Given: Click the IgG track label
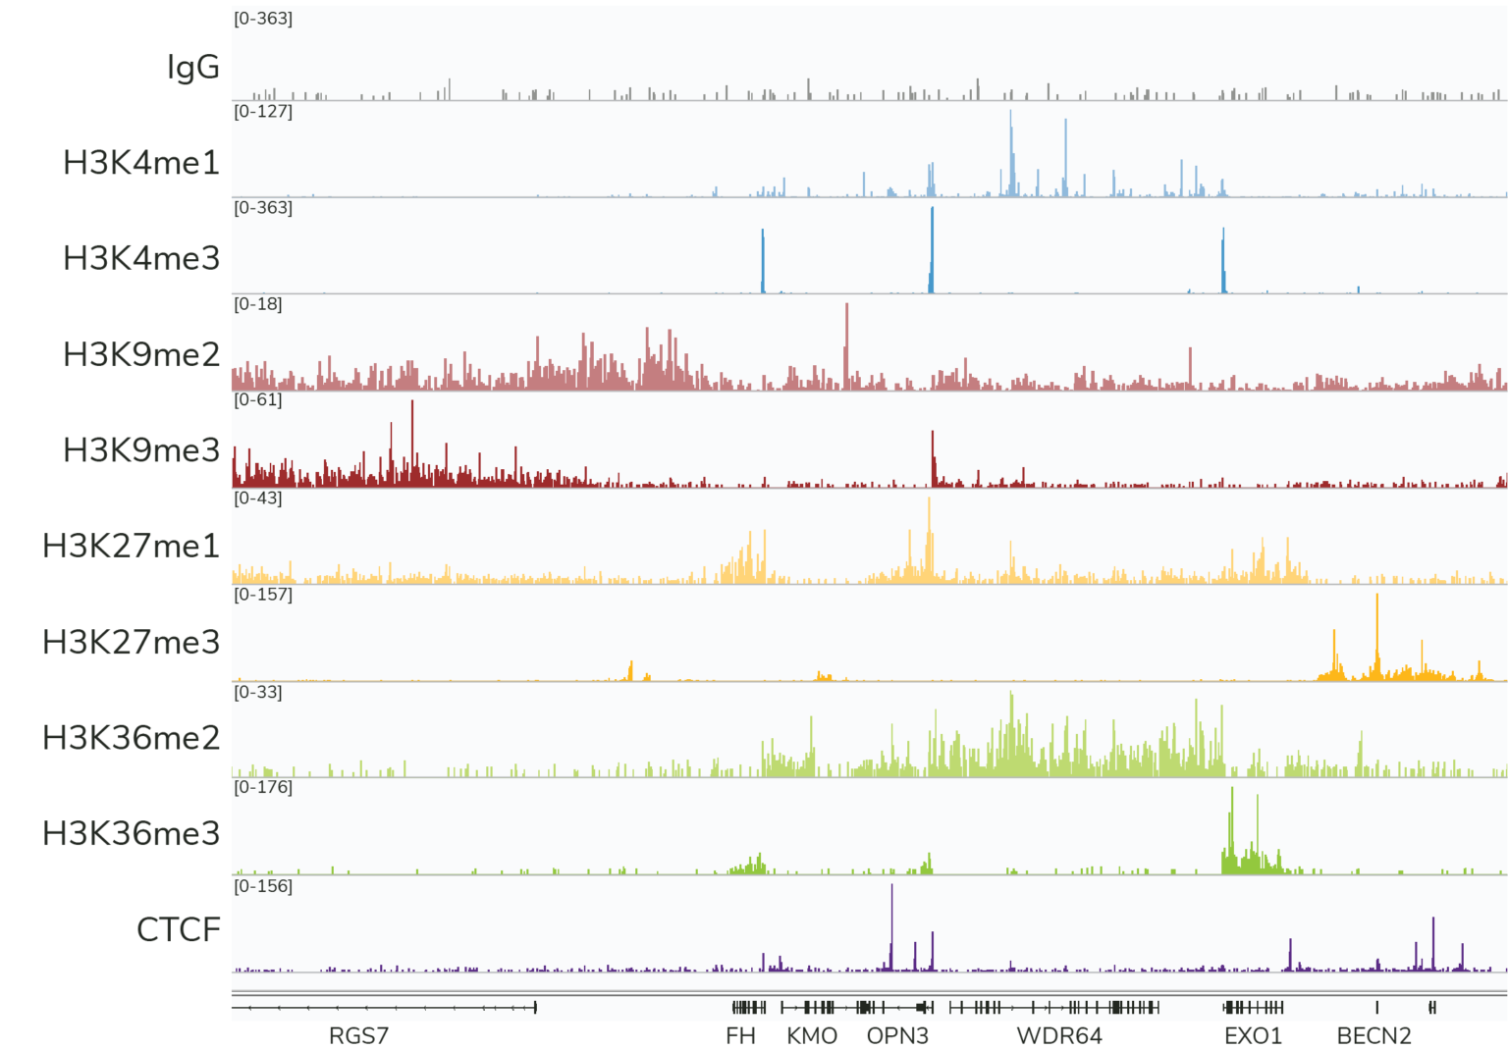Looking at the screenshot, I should [x=193, y=67].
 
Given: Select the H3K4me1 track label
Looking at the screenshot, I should [x=141, y=162].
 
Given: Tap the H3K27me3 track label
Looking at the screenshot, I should [x=131, y=642].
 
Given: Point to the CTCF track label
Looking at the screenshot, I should [x=178, y=929].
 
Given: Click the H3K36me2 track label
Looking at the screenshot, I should [x=131, y=737].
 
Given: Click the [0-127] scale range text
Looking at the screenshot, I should [x=263, y=111].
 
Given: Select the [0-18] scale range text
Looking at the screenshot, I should [x=258, y=304].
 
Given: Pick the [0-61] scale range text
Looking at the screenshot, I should [x=258, y=399].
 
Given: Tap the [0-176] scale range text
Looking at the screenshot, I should [x=263, y=787].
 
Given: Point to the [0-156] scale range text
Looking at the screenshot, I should [x=263, y=886].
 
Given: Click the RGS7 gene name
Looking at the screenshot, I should [x=358, y=1036].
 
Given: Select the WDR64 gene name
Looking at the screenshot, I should [x=1059, y=1036].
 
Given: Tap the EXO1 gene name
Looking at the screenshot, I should [x=1253, y=1036].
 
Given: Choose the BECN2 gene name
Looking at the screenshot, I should [x=1373, y=1036].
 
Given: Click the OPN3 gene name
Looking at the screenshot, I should [x=897, y=1036].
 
